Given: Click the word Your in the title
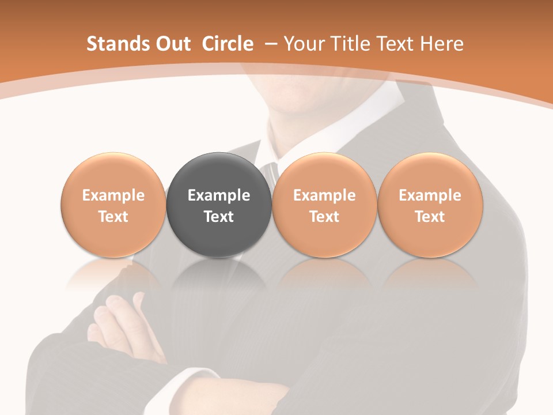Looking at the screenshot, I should click(x=304, y=44).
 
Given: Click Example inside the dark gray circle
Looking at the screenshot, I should click(x=219, y=195).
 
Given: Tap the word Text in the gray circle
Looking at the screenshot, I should click(x=219, y=217).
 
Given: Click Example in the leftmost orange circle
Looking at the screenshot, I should click(x=113, y=195).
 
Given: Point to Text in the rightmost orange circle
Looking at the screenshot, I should click(x=430, y=217).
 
